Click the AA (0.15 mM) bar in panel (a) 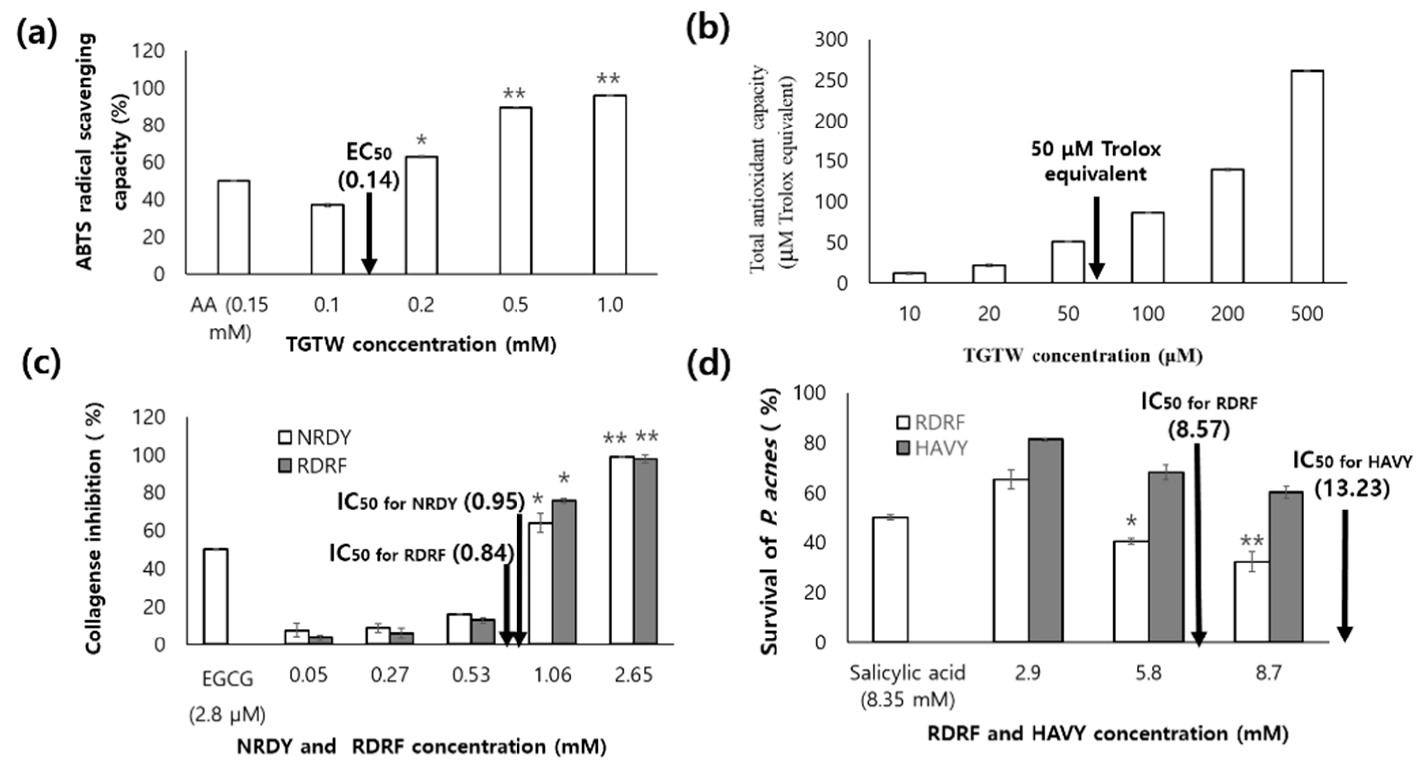[233, 228]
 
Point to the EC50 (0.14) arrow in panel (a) [369, 232]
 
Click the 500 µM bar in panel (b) [1306, 177]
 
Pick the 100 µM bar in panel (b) [1148, 248]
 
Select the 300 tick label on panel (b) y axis [831, 40]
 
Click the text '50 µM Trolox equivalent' [1095, 162]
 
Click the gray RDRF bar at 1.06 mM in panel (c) [564, 572]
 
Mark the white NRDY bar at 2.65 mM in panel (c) [622, 550]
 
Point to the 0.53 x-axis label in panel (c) [471, 675]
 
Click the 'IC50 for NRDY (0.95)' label [431, 502]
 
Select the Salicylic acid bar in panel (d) [890, 580]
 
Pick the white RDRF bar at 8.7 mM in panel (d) [1251, 602]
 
